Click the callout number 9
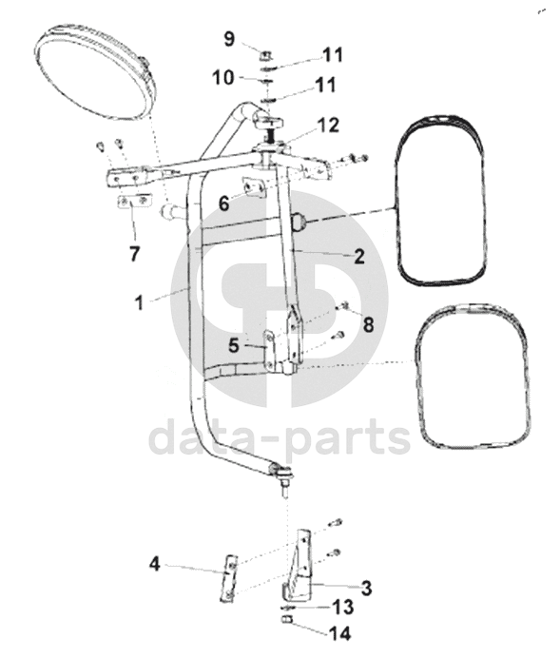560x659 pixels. point(229,39)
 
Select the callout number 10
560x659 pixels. point(223,78)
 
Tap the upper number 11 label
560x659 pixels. point(333,55)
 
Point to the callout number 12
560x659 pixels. point(328,126)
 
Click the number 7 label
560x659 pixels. point(134,254)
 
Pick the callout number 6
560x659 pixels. point(224,204)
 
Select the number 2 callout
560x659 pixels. point(358,256)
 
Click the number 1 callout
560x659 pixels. point(139,302)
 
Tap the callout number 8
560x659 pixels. point(368,324)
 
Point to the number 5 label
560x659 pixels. point(234,345)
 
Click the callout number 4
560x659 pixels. point(155,564)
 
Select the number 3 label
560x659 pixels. point(366,588)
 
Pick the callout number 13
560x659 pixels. point(343,607)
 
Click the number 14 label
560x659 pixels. point(339,633)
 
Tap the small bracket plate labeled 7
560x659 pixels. point(134,202)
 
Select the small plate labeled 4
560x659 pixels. point(229,578)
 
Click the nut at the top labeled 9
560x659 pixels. point(265,54)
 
